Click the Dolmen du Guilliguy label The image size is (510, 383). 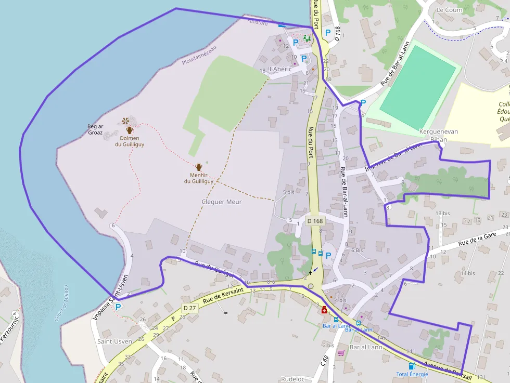(x=130, y=141)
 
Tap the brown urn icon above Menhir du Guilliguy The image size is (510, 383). (x=198, y=167)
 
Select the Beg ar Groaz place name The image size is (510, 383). (x=95, y=129)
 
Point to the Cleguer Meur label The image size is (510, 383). (x=221, y=202)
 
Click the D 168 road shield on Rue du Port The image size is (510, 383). (x=315, y=221)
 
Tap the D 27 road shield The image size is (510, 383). (x=189, y=308)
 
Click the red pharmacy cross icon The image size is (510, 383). (x=324, y=310)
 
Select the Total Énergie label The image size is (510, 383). (x=412, y=374)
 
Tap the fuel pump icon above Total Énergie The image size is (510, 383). (x=412, y=366)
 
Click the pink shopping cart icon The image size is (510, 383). (x=341, y=353)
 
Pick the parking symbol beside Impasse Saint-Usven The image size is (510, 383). (x=118, y=307)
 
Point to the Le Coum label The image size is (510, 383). (x=449, y=10)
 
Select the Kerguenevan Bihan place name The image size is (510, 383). (x=439, y=135)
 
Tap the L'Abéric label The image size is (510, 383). (x=280, y=69)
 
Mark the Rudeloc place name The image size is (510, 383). (x=292, y=379)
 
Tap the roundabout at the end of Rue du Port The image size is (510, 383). (x=311, y=286)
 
